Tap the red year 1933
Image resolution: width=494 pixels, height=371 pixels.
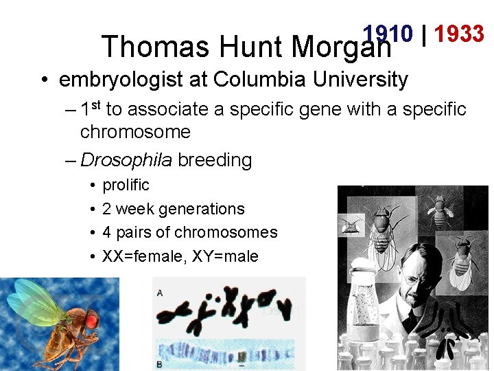point(459,34)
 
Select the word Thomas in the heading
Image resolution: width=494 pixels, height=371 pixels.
point(155,47)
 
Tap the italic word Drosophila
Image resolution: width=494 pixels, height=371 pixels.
point(126,160)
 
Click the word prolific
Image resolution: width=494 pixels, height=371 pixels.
point(126,185)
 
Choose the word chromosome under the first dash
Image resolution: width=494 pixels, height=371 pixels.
point(135,131)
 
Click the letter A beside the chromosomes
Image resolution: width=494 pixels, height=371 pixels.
point(160,293)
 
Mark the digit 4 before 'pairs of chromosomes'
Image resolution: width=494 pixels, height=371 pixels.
point(107,233)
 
